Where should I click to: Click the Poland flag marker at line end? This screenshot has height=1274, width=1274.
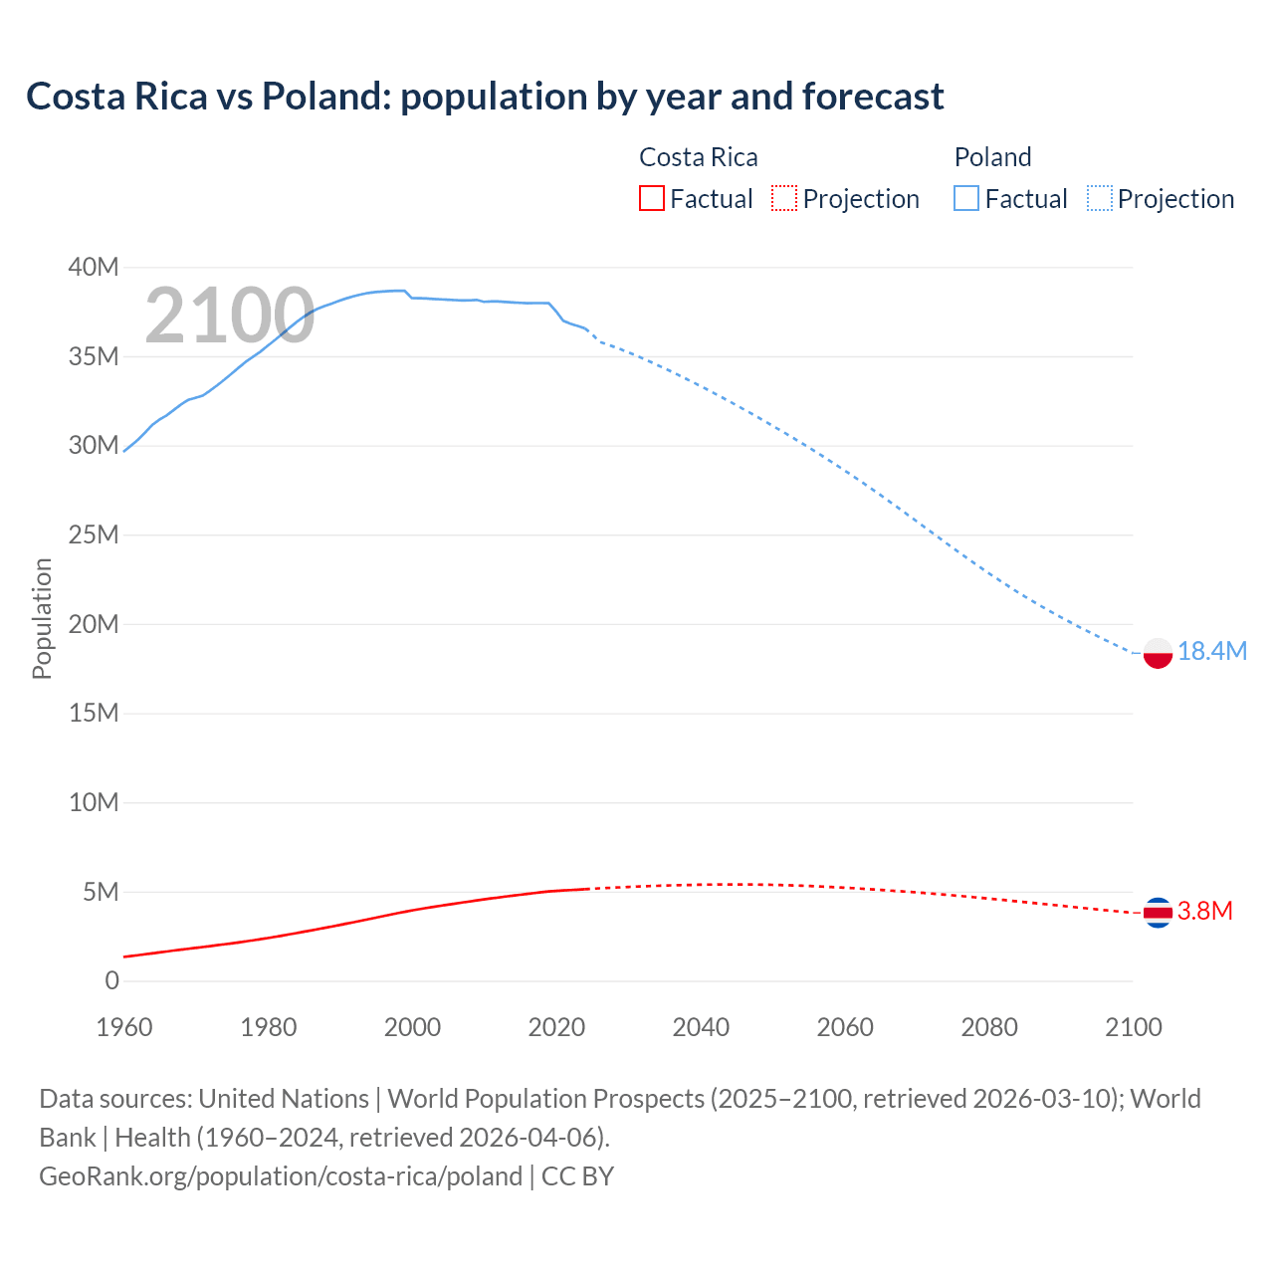(x=1158, y=653)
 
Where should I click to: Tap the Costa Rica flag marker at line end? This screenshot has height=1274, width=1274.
(x=1158, y=912)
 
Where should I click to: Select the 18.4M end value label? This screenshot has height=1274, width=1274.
(x=1211, y=651)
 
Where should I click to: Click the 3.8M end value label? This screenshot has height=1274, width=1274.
(x=1204, y=911)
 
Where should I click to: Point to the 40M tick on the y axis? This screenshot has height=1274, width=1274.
(x=94, y=267)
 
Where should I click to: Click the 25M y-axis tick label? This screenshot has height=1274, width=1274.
(x=94, y=534)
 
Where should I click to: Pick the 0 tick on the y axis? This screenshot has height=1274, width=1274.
(x=111, y=980)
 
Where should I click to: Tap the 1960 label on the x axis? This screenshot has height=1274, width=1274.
(x=124, y=1027)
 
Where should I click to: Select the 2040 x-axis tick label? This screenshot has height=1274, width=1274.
(x=701, y=1027)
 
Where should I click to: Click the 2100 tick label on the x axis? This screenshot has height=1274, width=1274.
(x=1133, y=1027)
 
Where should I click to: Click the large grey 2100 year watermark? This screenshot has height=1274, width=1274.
(x=230, y=316)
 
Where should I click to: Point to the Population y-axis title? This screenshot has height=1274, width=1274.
(x=42, y=618)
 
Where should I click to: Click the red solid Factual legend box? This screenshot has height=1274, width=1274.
(x=651, y=199)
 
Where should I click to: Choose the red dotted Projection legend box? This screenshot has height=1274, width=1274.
(x=784, y=199)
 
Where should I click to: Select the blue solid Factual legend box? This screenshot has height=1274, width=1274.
(x=965, y=199)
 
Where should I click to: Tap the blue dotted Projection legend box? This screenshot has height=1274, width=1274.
(x=1100, y=199)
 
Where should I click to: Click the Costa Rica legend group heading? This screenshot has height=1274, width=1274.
(x=698, y=157)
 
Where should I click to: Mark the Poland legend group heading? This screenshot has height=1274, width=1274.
(x=992, y=157)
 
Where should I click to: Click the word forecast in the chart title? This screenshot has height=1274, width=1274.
(x=873, y=97)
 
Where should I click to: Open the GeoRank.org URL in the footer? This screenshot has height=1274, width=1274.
(x=281, y=1175)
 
